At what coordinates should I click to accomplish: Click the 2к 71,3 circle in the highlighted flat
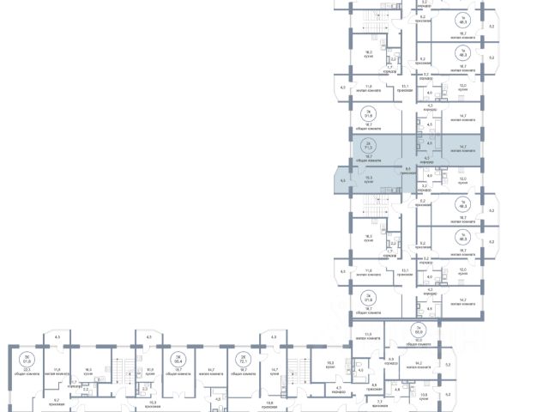click(369, 145)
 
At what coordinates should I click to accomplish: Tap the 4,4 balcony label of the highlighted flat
click(343, 181)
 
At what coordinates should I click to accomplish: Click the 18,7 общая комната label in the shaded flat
click(369, 157)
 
